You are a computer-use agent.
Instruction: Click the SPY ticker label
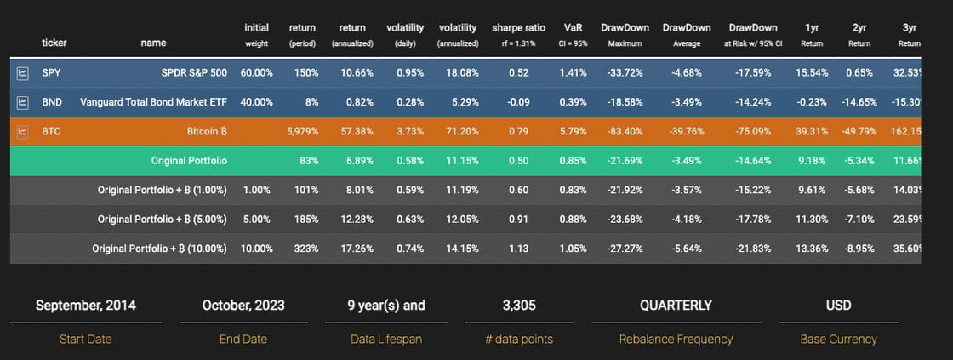(x=51, y=73)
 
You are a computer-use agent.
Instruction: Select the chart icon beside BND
(x=23, y=103)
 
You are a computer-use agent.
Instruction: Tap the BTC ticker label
(x=51, y=132)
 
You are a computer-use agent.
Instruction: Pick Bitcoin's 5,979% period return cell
(x=297, y=132)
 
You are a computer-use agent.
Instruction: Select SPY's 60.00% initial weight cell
(x=256, y=73)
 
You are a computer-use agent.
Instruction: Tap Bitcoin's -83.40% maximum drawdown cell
(x=625, y=132)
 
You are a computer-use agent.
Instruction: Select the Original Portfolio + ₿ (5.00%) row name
(x=162, y=219)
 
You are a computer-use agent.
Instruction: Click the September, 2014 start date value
(x=85, y=305)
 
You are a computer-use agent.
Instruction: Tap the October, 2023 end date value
(x=243, y=305)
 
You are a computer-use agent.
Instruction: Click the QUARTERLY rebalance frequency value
(x=676, y=305)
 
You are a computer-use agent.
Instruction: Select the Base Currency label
(x=838, y=339)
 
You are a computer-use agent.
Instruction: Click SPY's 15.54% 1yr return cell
(x=812, y=73)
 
